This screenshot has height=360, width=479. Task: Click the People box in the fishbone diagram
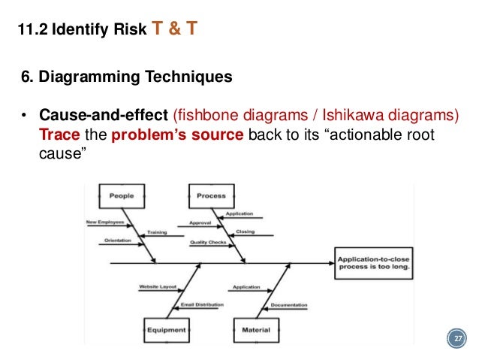click(x=121, y=196)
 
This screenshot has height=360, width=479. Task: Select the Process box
click(x=211, y=196)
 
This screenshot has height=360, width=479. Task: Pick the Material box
click(x=256, y=329)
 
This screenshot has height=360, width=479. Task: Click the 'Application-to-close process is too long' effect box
click(x=372, y=263)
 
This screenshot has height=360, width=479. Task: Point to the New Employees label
click(x=105, y=222)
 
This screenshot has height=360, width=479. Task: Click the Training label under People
click(x=157, y=232)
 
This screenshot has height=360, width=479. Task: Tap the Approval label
click(x=200, y=223)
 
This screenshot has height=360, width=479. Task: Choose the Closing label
click(x=246, y=232)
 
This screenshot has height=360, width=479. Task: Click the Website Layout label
click(x=157, y=287)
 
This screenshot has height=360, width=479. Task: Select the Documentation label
click(x=288, y=305)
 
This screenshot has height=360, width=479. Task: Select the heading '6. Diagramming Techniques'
click(x=126, y=77)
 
